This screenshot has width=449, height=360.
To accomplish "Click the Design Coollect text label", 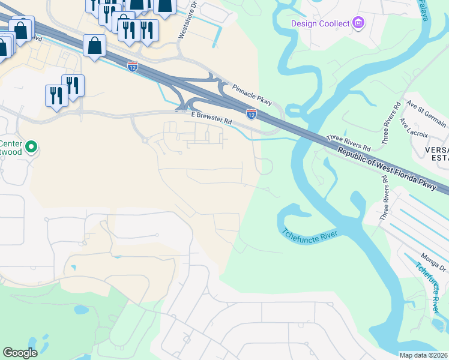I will [320, 23].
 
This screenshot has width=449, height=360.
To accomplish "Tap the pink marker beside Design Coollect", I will [359, 23].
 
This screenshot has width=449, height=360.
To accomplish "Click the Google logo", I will [20, 353].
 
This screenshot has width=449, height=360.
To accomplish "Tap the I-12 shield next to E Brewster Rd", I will [252, 113].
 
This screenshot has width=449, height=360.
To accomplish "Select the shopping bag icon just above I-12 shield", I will [95, 46].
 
